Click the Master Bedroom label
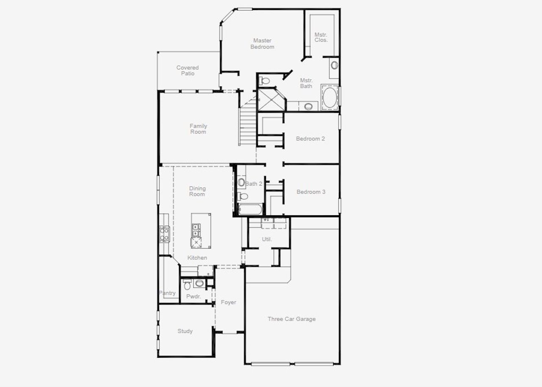262,44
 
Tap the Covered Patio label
188,71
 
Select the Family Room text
198,129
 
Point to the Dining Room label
197,191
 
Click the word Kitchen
197,258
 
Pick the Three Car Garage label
291,319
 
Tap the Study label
185,331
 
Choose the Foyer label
228,302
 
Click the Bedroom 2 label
310,138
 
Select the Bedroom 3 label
311,192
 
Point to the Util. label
266,239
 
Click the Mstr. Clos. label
321,37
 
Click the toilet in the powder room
187,285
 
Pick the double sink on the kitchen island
196,231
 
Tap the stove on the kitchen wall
164,234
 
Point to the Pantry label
167,293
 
